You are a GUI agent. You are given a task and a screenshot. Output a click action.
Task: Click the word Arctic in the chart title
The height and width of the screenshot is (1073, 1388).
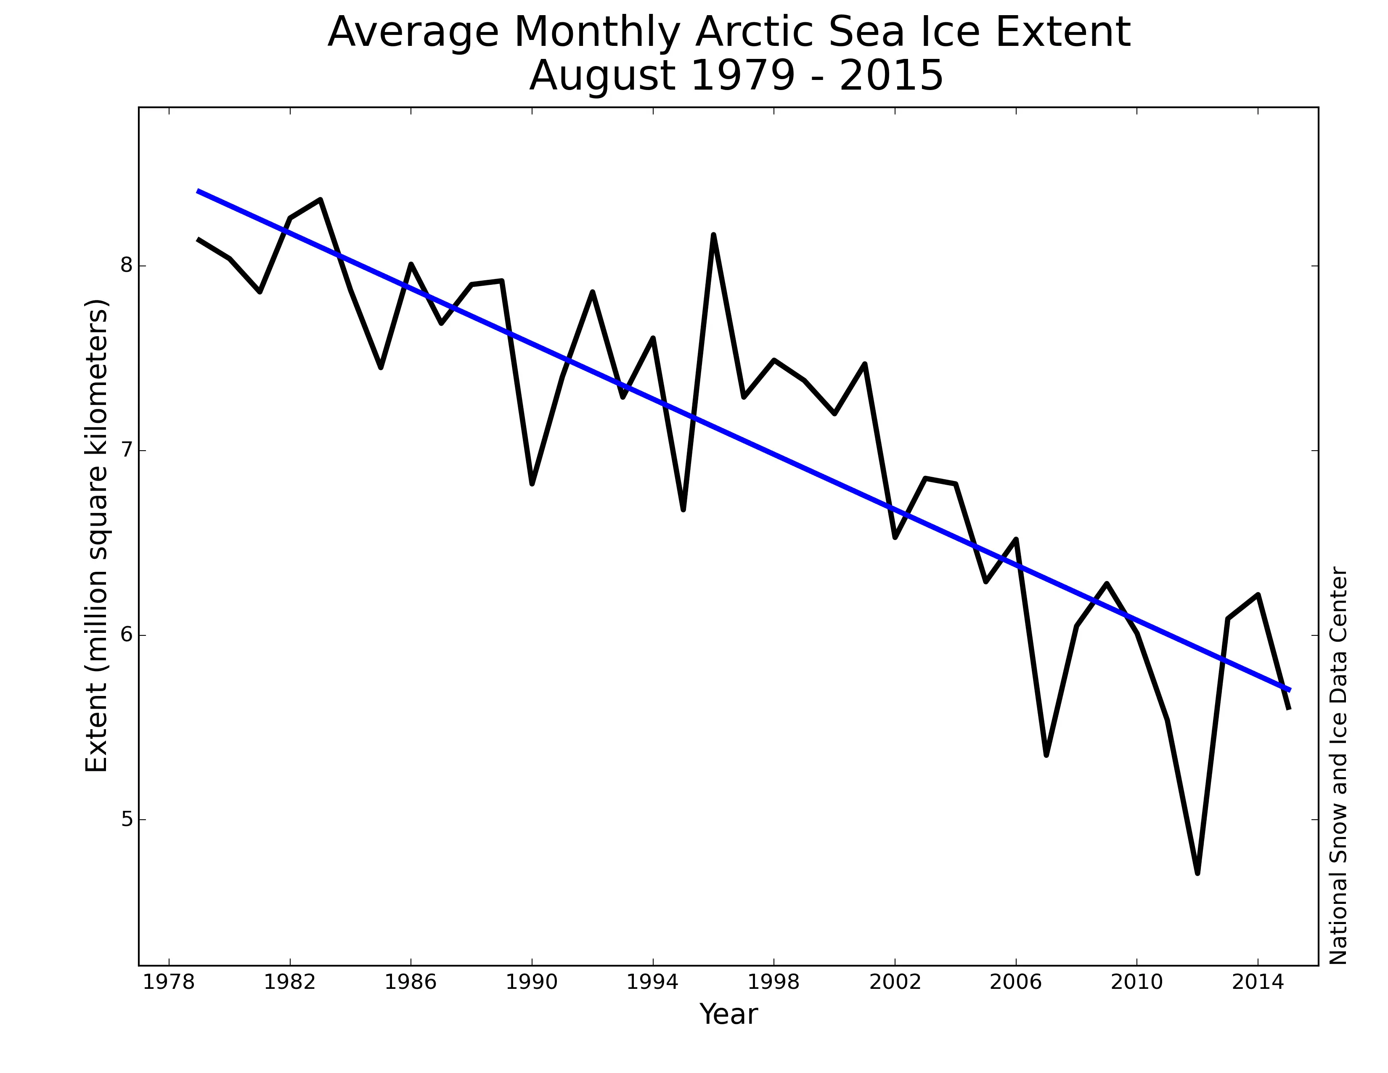pyautogui.click(x=755, y=32)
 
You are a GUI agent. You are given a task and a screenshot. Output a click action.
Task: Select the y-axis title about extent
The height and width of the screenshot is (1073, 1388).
pyautogui.click(x=97, y=535)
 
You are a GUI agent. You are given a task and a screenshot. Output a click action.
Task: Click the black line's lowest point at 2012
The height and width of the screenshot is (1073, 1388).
pyautogui.click(x=1197, y=873)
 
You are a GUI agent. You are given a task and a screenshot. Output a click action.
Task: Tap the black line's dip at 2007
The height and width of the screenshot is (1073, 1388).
pyautogui.click(x=1046, y=754)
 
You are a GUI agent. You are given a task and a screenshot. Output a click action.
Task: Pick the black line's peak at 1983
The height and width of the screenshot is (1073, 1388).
pyautogui.click(x=321, y=199)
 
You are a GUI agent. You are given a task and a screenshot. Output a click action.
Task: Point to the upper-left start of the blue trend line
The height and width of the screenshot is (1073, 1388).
pyautogui.click(x=199, y=191)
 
